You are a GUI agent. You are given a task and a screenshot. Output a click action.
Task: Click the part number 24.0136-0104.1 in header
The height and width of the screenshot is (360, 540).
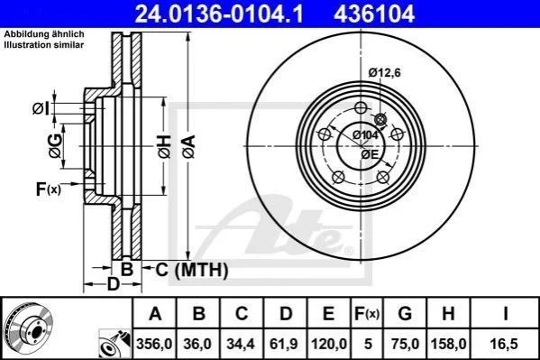219,14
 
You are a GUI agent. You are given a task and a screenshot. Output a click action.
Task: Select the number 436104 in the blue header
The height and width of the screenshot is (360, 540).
374,14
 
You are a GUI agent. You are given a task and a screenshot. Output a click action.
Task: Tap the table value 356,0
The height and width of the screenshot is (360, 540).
154,344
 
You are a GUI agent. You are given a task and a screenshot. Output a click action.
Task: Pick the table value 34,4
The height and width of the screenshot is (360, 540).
241,344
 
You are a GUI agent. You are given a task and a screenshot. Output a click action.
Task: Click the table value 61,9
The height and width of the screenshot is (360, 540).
284,344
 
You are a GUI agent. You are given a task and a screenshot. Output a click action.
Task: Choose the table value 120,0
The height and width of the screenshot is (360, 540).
329,344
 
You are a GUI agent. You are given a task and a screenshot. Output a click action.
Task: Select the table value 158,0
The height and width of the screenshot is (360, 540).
448,344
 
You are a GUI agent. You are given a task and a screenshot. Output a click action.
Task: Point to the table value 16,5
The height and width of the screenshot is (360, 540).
505,344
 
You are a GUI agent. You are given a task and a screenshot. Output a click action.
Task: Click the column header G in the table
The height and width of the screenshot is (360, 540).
405,313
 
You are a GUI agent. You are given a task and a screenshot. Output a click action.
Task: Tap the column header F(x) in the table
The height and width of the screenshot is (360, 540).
367,314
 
